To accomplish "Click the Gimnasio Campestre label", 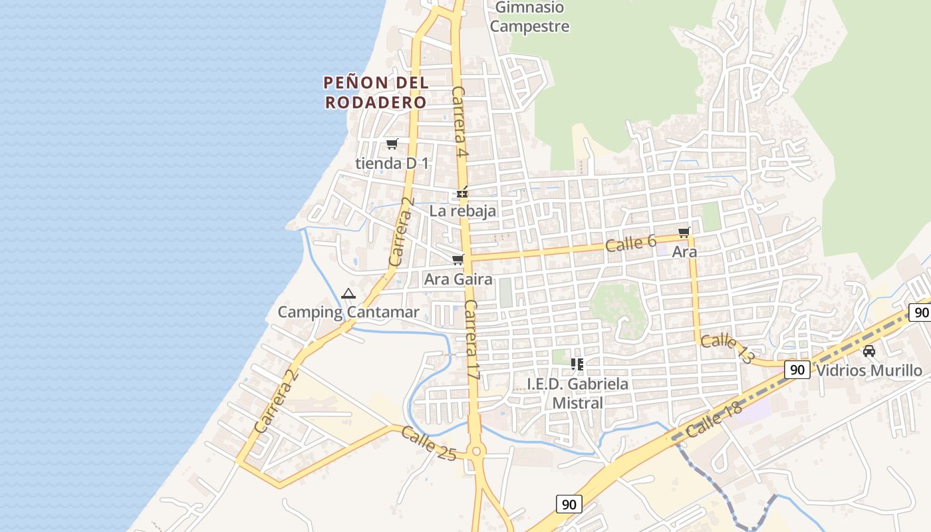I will tap(530, 17).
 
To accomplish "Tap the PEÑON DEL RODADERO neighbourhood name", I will tap(376, 92).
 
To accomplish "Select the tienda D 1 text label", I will tap(392, 163).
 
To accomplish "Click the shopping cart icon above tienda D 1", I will tap(392, 144).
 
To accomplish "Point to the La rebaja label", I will tap(463, 211).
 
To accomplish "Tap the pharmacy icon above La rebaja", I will tap(462, 194).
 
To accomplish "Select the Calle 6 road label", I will tap(630, 243).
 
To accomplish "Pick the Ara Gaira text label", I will tap(458, 279).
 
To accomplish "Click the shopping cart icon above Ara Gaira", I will tap(458, 260).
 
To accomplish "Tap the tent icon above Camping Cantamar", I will tap(348, 293).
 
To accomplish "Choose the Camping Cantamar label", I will tap(348, 312).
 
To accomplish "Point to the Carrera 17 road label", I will tap(471, 340).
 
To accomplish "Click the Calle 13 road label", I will tap(728, 348).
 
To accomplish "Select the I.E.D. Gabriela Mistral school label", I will tap(577, 393).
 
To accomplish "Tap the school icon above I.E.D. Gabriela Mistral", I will tap(577, 364).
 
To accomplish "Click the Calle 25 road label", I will tap(428, 444).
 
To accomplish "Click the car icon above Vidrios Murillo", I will tap(868, 351).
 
